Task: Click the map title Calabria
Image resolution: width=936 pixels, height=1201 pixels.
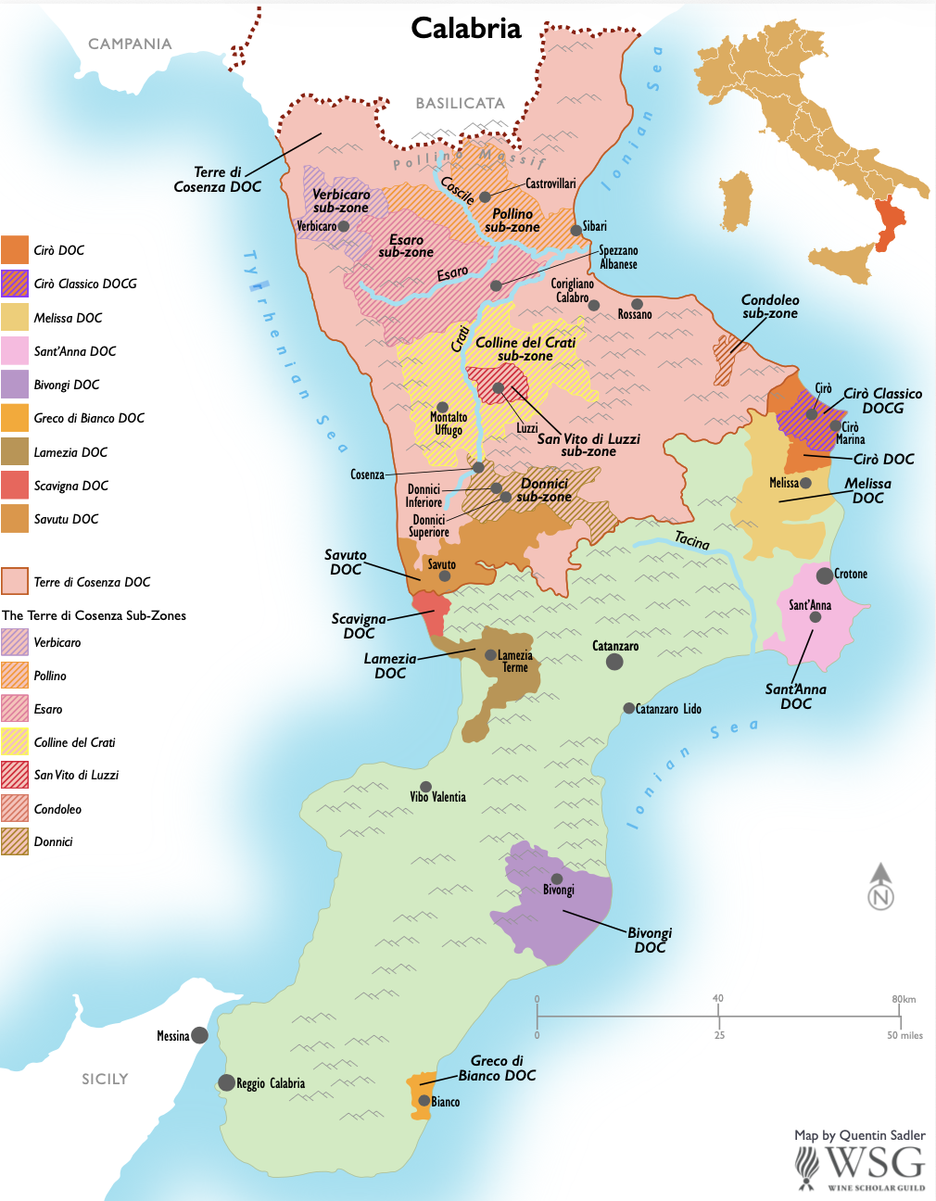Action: (466, 29)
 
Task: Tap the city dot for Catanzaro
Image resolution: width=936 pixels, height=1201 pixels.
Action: (614, 662)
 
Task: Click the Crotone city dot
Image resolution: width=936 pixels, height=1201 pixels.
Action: (824, 575)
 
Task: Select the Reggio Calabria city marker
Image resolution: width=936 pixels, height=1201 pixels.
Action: (226, 1082)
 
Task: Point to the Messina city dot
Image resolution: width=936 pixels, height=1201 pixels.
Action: (199, 1035)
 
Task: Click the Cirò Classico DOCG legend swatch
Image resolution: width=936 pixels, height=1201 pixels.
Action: (15, 284)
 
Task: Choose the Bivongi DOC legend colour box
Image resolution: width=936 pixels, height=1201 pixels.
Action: (15, 385)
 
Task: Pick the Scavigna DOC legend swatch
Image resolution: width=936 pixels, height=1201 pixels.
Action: (15, 486)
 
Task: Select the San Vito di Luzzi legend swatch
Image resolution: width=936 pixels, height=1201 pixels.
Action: (15, 775)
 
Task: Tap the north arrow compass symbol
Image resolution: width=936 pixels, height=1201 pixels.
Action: (880, 886)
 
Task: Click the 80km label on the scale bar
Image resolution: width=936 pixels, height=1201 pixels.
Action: (904, 999)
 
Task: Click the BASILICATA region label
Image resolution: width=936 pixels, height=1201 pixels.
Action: (460, 104)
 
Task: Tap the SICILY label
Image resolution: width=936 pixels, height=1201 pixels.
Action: (105, 1079)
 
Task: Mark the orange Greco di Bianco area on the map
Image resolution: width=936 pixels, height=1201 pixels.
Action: (419, 1094)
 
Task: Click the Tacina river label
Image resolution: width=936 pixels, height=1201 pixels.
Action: (691, 540)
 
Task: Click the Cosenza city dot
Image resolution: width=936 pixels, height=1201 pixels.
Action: (478, 468)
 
